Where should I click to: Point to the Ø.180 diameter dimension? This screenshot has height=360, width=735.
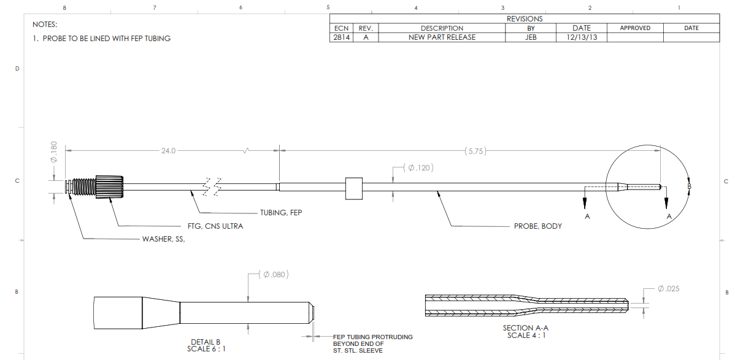point(53,152)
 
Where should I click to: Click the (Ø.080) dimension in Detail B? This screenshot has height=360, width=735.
point(274,274)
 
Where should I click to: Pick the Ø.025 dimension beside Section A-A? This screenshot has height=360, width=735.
point(668,288)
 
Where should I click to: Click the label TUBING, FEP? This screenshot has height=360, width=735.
point(282,213)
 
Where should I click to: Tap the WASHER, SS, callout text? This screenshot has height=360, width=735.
point(163,240)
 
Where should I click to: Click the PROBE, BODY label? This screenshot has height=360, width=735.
point(537,226)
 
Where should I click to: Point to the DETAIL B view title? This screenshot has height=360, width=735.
point(206,342)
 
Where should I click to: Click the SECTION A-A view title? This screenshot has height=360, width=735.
point(526,328)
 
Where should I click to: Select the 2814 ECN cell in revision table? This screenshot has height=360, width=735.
point(341,37)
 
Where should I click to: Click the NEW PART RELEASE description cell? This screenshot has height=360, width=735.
point(442,37)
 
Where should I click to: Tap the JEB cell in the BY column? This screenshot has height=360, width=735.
point(531,37)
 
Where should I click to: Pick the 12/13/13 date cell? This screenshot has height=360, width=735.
point(581,37)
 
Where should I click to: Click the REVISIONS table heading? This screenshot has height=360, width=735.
point(524,19)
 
